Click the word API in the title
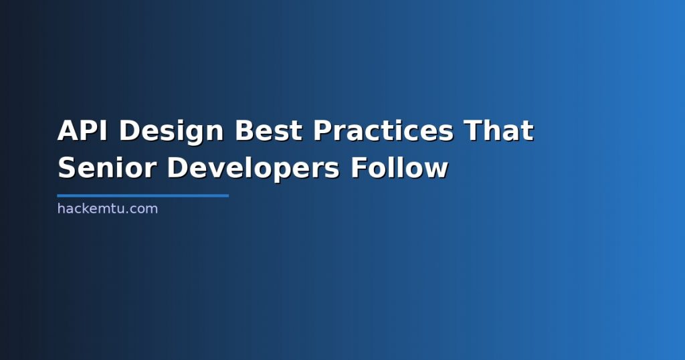82,130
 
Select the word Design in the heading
171,132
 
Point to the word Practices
383,130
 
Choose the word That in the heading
499,130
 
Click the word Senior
107,167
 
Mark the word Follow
400,167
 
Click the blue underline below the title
143,196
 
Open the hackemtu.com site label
108,208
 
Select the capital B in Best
245,130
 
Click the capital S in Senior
67,167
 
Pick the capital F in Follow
359,167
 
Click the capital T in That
474,130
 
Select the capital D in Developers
177,167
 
